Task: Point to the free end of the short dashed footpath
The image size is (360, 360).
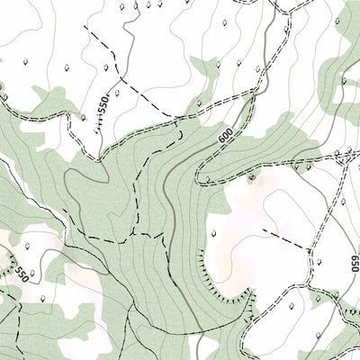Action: (263, 230)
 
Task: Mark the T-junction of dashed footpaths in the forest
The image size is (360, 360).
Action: (135, 231)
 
